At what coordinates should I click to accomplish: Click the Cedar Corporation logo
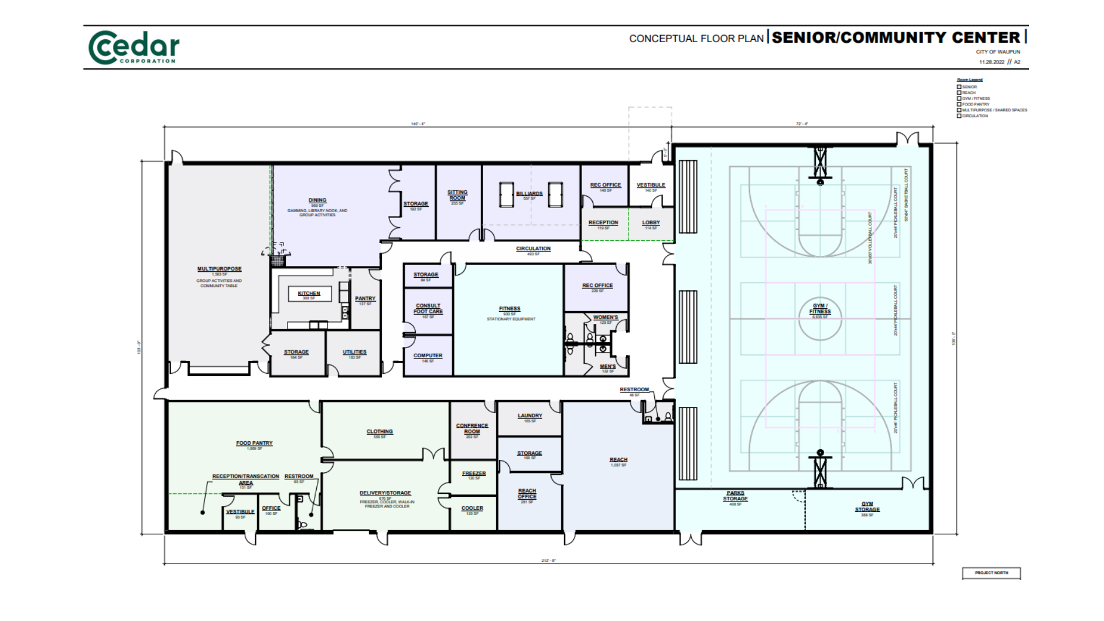pos(134,47)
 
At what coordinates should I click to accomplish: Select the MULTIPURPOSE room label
pos(219,269)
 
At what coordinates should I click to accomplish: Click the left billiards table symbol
pos(506,195)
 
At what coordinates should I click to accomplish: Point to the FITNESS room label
pos(510,309)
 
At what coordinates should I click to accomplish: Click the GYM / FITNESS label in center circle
pos(820,309)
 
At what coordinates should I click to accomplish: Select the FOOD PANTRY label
pos(254,443)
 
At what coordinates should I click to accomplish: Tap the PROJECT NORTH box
pos(991,573)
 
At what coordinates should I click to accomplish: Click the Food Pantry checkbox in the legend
pos(959,104)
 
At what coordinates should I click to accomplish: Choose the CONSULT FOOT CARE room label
pos(428,309)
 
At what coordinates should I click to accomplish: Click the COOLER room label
pos(472,509)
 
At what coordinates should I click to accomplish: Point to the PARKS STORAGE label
pos(735,496)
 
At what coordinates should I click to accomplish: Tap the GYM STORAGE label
pos(867,507)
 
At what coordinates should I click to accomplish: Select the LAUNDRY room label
pos(529,416)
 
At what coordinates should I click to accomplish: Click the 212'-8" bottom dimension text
pos(549,561)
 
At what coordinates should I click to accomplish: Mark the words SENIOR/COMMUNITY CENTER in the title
pos(895,37)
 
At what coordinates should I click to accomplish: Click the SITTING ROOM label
pos(457,195)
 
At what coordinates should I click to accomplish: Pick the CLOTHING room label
pos(380,432)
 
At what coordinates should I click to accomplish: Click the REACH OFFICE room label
pos(527,494)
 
